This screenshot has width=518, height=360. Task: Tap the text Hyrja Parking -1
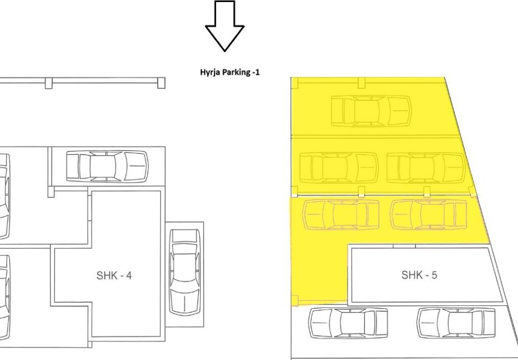click(230, 72)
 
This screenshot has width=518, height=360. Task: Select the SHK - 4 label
click(114, 276)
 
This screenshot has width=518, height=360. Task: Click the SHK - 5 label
click(419, 275)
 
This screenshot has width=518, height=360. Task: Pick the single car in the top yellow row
click(371, 111)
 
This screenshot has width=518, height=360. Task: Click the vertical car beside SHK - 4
click(185, 272)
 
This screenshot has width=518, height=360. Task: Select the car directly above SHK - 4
click(107, 166)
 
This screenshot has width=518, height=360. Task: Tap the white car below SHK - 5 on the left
click(348, 323)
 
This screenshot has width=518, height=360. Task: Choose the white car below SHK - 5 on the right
click(456, 323)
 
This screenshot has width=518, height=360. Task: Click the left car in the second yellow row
click(338, 168)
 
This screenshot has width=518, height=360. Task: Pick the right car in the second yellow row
click(426, 168)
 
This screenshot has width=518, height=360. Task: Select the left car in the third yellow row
click(341, 215)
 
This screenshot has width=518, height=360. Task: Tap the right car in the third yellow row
click(429, 215)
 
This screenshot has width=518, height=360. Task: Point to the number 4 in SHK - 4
click(128, 276)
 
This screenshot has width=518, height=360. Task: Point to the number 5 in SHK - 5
click(434, 275)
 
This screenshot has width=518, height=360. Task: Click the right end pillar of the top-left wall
click(161, 83)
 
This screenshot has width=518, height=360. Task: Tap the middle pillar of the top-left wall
click(49, 83)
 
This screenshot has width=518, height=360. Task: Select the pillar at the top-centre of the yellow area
click(362, 83)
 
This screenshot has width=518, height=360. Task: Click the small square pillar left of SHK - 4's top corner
click(51, 192)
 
